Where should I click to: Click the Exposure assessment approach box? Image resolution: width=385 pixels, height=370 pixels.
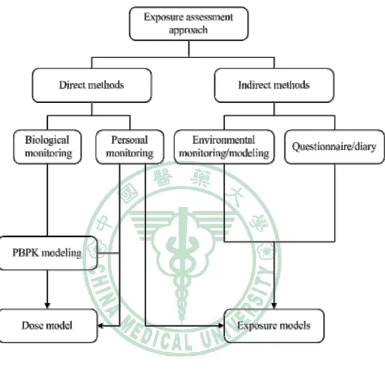(x=189, y=24)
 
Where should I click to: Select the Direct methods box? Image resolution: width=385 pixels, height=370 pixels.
(x=92, y=85)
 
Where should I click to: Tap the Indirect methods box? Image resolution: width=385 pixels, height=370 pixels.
(x=274, y=85)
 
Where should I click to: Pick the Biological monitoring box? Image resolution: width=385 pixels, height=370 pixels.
(x=47, y=147)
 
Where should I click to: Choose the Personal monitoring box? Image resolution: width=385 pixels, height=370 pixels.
(x=130, y=147)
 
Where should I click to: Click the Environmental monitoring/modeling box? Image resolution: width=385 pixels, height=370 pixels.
(x=224, y=147)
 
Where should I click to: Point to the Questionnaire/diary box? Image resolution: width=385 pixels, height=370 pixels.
(x=334, y=147)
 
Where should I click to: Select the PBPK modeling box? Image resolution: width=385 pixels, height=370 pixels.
(x=48, y=253)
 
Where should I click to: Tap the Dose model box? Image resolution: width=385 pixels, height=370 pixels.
(x=48, y=326)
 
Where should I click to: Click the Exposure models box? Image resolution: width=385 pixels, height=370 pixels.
(x=274, y=326)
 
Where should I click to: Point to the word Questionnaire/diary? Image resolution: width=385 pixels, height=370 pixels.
(x=334, y=147)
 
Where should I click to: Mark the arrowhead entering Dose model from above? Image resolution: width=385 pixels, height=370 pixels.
(x=47, y=306)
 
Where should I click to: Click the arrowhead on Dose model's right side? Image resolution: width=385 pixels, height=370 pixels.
(x=101, y=326)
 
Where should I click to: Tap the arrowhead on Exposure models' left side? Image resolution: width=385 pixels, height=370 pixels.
(x=221, y=326)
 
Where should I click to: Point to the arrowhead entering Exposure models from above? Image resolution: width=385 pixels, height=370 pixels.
(x=274, y=306)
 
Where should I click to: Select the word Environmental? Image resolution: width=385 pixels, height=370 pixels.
(x=224, y=140)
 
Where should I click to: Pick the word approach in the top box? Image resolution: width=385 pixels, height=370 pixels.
(x=188, y=30)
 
